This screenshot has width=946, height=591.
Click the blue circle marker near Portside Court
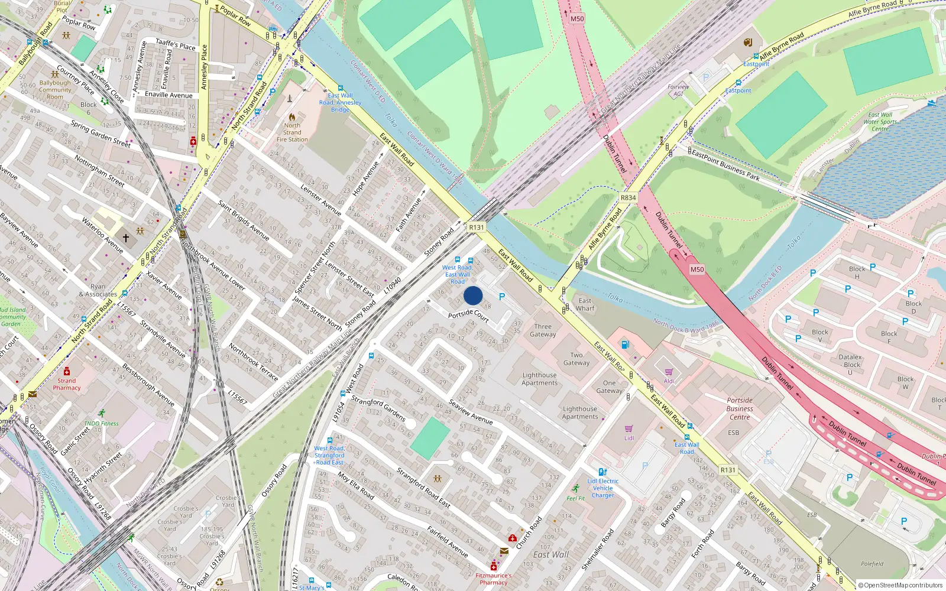click(x=473, y=295)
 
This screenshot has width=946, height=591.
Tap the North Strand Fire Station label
click(x=292, y=132)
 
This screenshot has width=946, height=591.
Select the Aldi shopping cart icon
click(x=669, y=372)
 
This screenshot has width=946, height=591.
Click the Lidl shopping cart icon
click(x=628, y=428)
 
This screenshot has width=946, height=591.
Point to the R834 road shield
click(x=628, y=197)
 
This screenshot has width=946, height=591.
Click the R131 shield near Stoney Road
click(x=476, y=227)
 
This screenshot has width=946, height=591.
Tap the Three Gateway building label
click(x=543, y=330)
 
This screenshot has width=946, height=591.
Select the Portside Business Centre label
click(x=740, y=408)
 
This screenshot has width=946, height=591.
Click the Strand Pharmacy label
click(x=67, y=384)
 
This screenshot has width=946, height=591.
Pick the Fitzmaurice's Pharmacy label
click(x=494, y=579)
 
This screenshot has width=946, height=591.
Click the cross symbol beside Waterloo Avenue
click(x=125, y=238)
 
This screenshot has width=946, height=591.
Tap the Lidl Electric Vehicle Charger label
click(x=603, y=488)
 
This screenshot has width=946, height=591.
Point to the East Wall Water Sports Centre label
click(x=880, y=122)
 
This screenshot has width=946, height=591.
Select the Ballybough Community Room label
click(x=55, y=90)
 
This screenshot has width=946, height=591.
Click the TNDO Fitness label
click(x=101, y=423)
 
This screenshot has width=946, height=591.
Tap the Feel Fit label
click(x=575, y=498)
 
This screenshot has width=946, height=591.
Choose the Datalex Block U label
click(x=850, y=365)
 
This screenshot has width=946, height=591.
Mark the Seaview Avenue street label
click(x=471, y=411)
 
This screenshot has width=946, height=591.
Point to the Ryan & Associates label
click(x=98, y=290)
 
